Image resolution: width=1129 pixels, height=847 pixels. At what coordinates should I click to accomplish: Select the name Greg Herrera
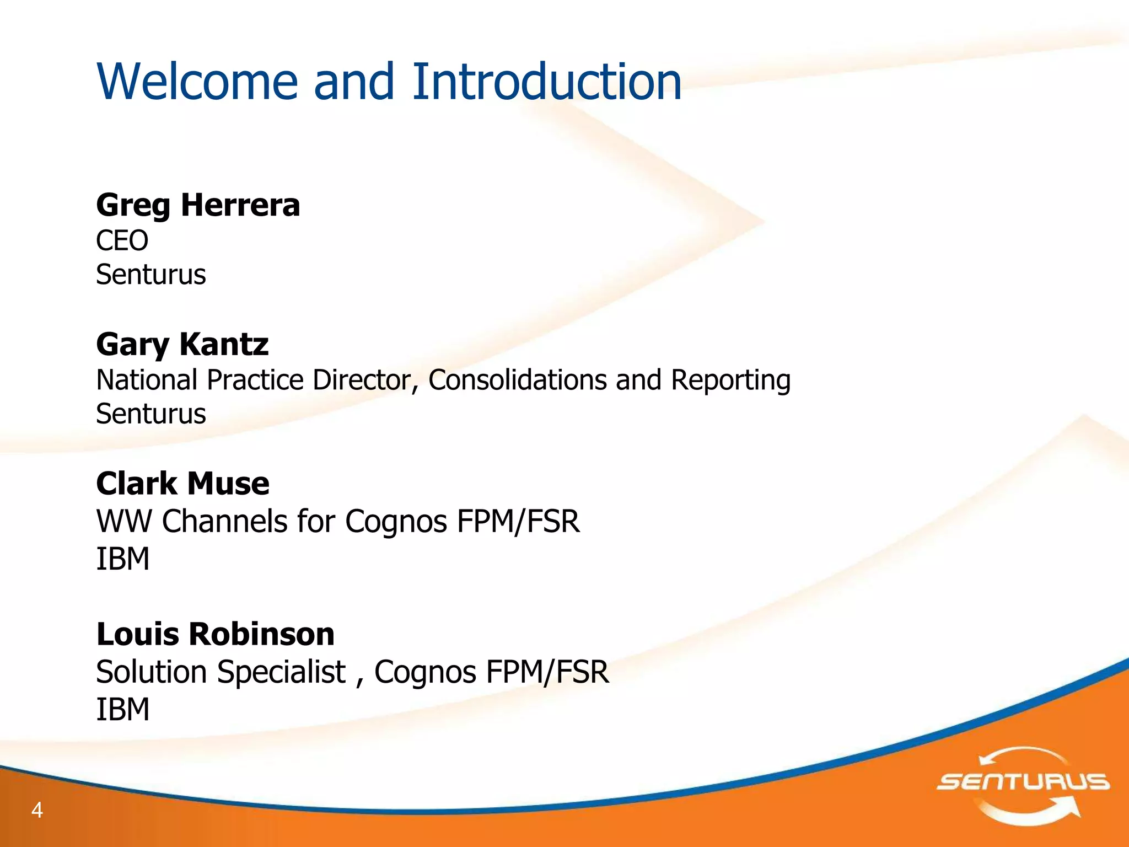[198, 206]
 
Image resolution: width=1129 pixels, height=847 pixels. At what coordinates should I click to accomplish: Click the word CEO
[122, 240]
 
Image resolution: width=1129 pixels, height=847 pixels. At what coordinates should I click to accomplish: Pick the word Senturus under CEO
[150, 275]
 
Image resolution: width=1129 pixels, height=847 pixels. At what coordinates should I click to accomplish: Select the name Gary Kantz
[182, 345]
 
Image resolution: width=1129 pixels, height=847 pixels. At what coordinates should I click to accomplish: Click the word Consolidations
[517, 380]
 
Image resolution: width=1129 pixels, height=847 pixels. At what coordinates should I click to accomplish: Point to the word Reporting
[730, 381]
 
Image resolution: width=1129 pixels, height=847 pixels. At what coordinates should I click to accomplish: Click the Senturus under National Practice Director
[150, 414]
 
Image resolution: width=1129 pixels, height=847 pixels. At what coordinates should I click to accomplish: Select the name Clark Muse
[182, 484]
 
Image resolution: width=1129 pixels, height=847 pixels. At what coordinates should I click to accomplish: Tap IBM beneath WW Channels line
[122, 559]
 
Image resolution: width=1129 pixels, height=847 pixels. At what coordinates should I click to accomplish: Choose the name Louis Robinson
[215, 634]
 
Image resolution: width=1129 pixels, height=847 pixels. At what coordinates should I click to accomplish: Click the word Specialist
[281, 672]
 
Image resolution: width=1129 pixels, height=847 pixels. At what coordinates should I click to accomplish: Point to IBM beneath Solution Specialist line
[122, 709]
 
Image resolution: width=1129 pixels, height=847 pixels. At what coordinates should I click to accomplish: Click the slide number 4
[37, 810]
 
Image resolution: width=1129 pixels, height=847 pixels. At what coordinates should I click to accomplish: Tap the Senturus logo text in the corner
[1023, 782]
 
